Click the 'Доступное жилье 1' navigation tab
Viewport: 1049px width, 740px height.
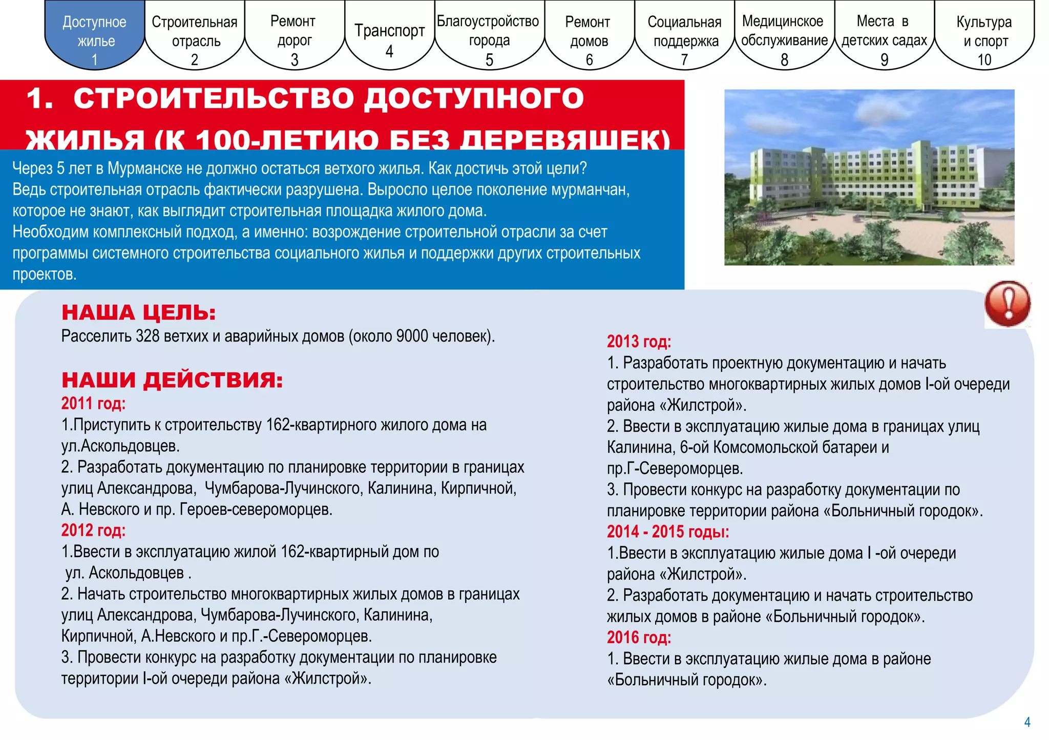[95, 36]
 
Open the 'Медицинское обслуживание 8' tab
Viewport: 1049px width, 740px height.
[784, 36]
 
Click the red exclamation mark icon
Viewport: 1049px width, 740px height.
[1007, 304]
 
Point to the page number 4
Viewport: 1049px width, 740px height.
[1027, 722]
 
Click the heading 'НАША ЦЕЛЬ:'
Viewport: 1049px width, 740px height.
[139, 312]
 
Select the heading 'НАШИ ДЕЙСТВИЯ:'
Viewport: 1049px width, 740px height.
[172, 380]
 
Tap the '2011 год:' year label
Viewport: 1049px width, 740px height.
[93, 404]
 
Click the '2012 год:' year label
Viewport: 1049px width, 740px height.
[93, 530]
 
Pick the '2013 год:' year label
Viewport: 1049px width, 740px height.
[639, 342]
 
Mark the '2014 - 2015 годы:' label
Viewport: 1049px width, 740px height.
[667, 532]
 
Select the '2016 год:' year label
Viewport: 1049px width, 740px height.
[639, 637]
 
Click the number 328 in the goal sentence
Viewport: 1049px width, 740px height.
[148, 336]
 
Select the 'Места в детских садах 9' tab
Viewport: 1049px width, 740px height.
[884, 36]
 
